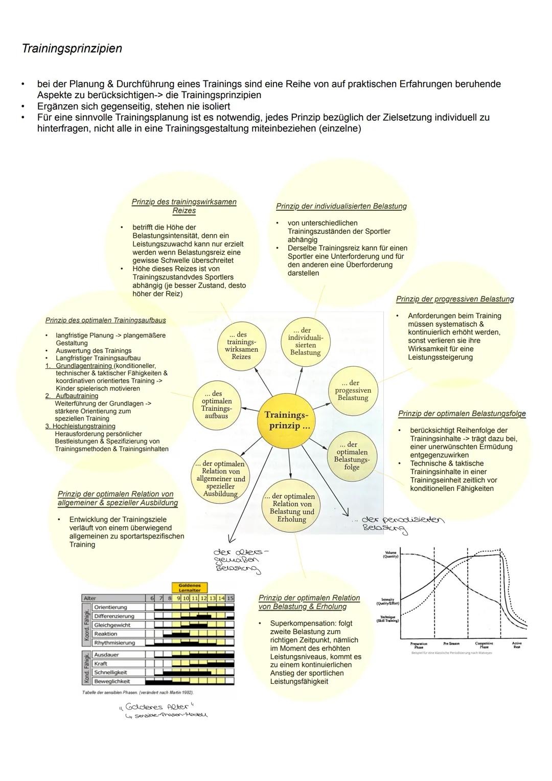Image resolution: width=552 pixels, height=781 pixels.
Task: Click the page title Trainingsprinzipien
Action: coord(72,49)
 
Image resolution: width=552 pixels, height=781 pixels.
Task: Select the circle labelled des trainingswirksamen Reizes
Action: coord(242,346)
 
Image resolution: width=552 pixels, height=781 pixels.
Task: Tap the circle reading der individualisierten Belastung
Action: coord(306,341)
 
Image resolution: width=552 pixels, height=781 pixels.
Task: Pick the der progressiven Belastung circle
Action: coord(353,390)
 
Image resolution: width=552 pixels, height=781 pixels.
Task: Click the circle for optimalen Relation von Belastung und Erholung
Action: coord(292,508)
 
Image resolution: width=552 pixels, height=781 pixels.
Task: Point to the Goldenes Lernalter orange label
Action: coord(190,588)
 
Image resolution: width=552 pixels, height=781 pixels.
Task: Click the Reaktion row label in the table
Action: coord(106,634)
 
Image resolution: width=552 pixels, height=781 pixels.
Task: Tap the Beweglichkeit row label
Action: coord(112,681)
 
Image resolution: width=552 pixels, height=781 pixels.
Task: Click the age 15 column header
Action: coord(230,598)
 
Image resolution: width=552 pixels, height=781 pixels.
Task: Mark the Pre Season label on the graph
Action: coord(451,643)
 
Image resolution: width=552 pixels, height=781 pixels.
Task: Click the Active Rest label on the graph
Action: coord(517,645)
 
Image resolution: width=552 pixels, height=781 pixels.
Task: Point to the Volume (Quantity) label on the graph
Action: coord(390,554)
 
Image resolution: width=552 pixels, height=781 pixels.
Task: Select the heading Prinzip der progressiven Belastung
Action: coord(455,299)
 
